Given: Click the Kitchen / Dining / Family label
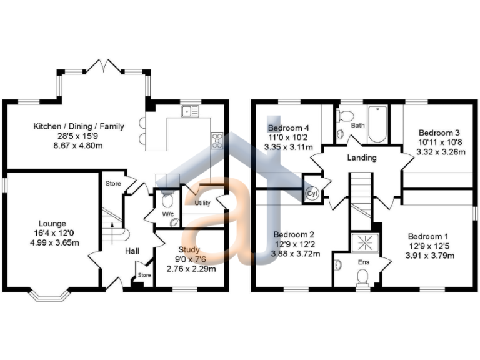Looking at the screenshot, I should pyautogui.click(x=79, y=126).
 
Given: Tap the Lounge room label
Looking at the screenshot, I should pyautogui.click(x=52, y=223).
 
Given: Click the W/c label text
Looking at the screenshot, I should pyautogui.click(x=167, y=214).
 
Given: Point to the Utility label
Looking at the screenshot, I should pyautogui.click(x=202, y=203).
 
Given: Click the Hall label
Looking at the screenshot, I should pyautogui.click(x=132, y=251).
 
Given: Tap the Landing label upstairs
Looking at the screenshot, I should pyautogui.click(x=362, y=157).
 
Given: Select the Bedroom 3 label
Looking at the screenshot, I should pyautogui.click(x=439, y=132).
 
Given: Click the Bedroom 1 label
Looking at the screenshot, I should pyautogui.click(x=428, y=236).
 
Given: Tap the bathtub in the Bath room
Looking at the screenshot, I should pyautogui.click(x=377, y=124).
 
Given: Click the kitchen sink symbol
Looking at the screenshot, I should pyautogui.click(x=190, y=111).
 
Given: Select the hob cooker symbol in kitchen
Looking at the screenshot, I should pyautogui.click(x=217, y=139).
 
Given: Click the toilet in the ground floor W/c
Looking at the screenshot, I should pyautogui.click(x=167, y=201).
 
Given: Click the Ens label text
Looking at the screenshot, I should pyautogui.click(x=363, y=262).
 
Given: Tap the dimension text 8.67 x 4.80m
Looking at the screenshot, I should pyautogui.click(x=78, y=145).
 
